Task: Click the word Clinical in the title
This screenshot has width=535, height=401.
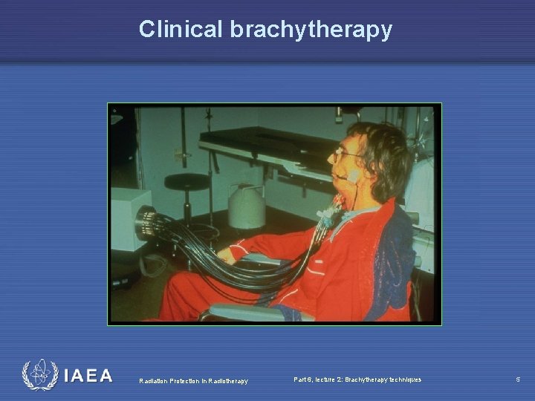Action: pyautogui.click(x=181, y=29)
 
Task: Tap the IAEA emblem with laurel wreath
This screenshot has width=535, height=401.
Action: pyautogui.click(x=39, y=376)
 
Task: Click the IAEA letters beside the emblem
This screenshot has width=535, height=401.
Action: pyautogui.click(x=88, y=376)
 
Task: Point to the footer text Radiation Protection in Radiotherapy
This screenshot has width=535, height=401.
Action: pyautogui.click(x=193, y=381)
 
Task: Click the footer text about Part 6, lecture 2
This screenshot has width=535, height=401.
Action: pyautogui.click(x=357, y=379)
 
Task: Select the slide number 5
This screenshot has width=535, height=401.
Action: pyautogui.click(x=518, y=379)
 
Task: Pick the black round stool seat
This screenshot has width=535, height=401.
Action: pyautogui.click(x=186, y=181)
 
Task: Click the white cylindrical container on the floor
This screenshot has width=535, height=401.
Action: pyautogui.click(x=247, y=206)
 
